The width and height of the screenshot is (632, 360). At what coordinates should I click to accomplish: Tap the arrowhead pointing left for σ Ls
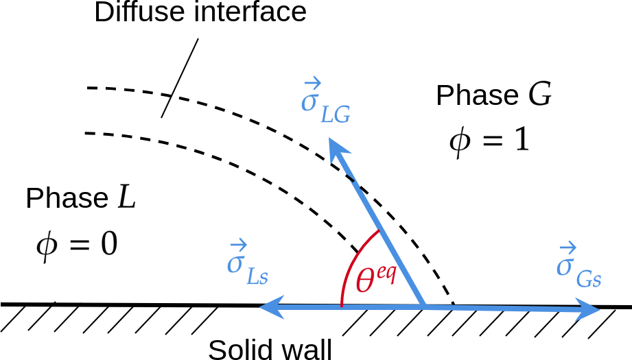point(270,307)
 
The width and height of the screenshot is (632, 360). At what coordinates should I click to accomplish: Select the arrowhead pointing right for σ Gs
point(589,310)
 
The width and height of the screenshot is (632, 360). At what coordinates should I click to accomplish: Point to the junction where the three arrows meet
point(424,307)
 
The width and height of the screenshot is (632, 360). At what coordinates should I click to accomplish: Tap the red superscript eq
point(386,273)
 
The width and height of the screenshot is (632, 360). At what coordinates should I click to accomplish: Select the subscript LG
point(336,115)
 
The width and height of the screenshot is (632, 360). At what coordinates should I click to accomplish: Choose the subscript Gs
point(589,279)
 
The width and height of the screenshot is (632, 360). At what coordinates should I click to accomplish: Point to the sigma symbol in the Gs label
point(564,267)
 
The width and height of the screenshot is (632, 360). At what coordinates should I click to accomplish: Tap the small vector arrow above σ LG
point(312,84)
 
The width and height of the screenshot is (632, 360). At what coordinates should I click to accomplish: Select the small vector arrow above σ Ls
point(238,245)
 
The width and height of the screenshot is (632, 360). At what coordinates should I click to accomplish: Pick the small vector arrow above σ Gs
point(567,248)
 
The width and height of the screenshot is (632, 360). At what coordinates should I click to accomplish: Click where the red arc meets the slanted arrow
point(378,231)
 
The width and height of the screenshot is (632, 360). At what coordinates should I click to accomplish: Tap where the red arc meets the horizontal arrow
point(341,305)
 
